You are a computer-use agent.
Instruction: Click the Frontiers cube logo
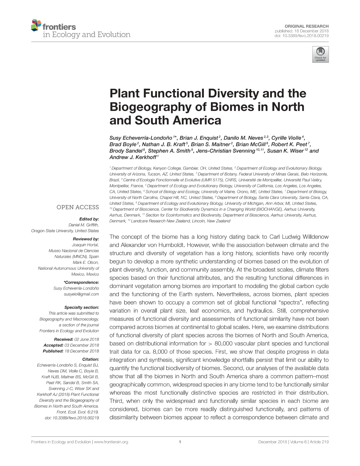[x=36, y=25]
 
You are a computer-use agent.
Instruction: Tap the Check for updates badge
[x=320, y=55]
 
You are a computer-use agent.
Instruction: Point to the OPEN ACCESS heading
[x=78, y=207]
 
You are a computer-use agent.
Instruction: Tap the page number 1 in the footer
[x=180, y=442]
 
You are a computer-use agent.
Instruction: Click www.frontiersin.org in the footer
[x=111, y=442]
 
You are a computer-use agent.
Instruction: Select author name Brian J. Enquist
[x=199, y=138]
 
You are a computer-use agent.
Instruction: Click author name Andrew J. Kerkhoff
[x=132, y=157]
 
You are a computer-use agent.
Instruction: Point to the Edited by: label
[x=89, y=219]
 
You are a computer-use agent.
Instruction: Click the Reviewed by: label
[x=86, y=239]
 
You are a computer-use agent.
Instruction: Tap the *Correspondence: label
[x=81, y=282]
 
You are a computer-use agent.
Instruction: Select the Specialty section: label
[x=82, y=307]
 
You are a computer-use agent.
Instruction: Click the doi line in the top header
[x=301, y=36]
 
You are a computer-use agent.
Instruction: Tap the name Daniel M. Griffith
[x=84, y=225]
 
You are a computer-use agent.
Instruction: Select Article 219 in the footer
[x=319, y=442]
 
